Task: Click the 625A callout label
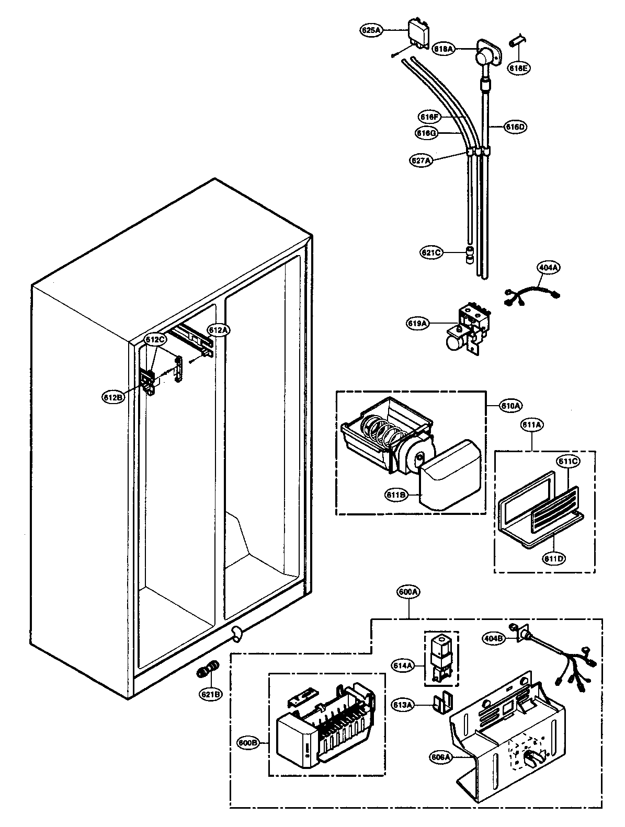[371, 30]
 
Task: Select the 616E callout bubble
[519, 68]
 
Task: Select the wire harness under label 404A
[531, 294]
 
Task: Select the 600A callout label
[408, 592]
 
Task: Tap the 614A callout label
[403, 665]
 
